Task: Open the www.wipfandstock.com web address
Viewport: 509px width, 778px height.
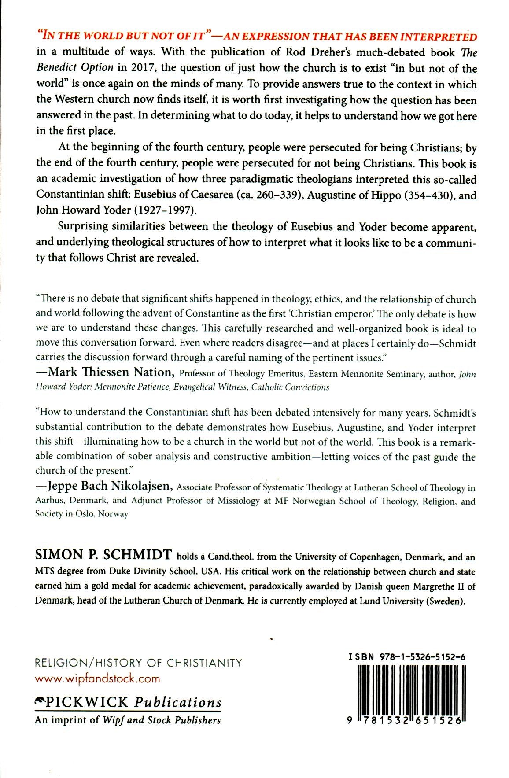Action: click(x=97, y=678)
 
